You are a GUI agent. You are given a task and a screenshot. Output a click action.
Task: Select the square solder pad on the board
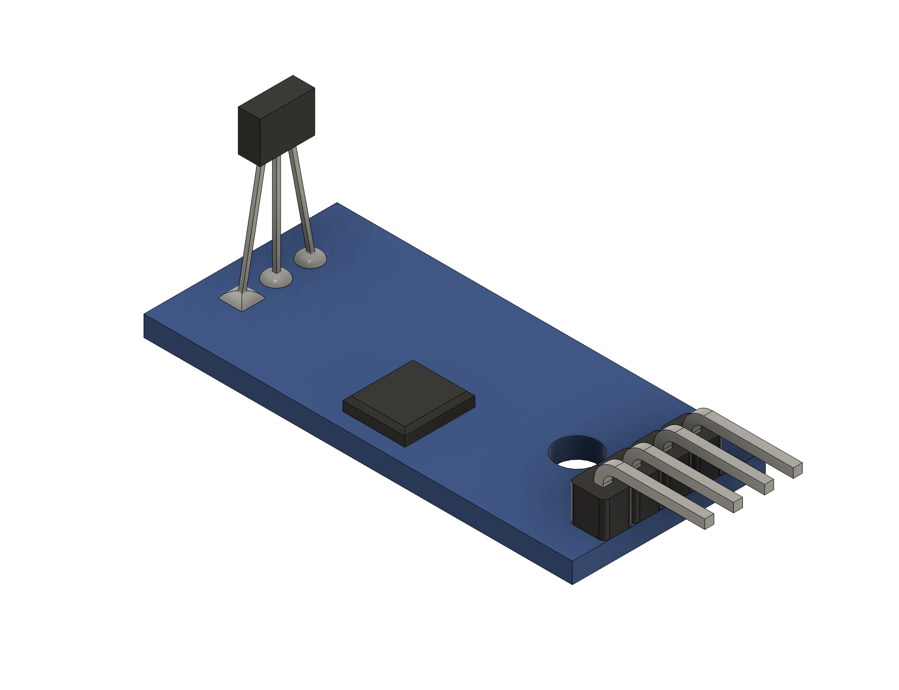click(x=242, y=300)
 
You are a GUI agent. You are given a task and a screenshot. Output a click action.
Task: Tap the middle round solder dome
click(x=276, y=278)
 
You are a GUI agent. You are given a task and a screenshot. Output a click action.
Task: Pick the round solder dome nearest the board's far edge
click(x=310, y=259)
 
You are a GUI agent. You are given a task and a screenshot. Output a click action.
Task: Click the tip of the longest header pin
click(x=797, y=470)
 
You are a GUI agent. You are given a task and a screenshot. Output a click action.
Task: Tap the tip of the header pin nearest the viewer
click(x=708, y=521)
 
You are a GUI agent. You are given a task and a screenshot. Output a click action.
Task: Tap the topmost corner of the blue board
click(x=337, y=203)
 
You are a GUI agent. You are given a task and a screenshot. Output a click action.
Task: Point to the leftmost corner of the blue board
click(x=145, y=315)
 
